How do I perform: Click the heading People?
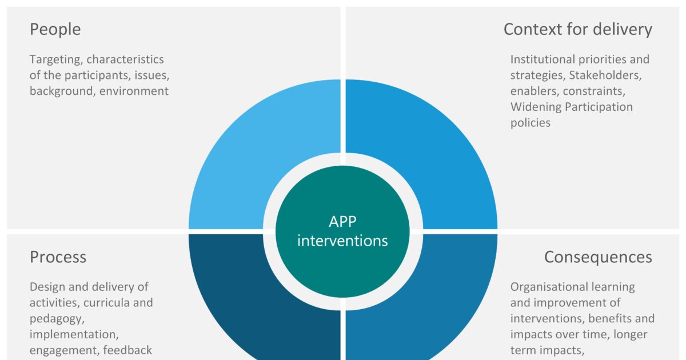(x=55, y=29)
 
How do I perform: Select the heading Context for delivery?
(x=578, y=30)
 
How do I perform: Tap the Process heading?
(x=58, y=257)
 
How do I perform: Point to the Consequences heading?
(x=598, y=257)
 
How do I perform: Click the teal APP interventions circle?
(x=342, y=231)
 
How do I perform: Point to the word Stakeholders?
(x=605, y=75)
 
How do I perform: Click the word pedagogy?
(x=57, y=319)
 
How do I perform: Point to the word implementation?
(x=74, y=335)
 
